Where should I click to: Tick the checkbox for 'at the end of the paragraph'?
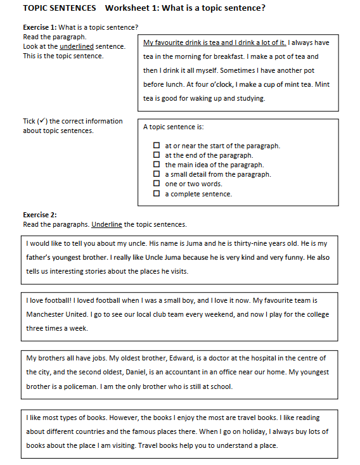point(157,155)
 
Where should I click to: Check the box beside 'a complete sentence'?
point(157,194)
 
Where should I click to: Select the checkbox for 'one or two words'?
point(157,184)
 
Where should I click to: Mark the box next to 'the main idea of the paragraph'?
point(157,165)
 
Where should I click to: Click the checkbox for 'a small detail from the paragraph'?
point(157,174)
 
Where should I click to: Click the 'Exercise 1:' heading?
point(40,27)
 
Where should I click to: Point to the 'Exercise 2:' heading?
point(40,215)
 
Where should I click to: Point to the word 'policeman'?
point(79,386)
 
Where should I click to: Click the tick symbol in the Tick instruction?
point(42,121)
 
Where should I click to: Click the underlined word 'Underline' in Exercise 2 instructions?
point(106,224)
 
